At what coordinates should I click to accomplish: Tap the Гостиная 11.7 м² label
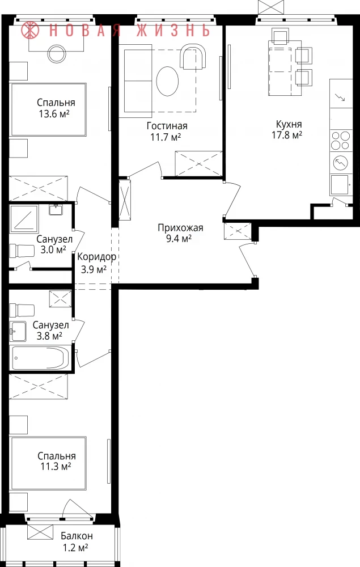point(167,132)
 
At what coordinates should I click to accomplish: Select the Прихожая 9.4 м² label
point(180,233)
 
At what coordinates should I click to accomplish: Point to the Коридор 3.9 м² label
point(96,263)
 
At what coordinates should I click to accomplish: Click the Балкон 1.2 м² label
point(77,541)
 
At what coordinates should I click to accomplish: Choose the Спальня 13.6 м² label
point(56,108)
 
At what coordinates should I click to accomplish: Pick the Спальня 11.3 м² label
point(56,461)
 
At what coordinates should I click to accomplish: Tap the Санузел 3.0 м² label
point(54,244)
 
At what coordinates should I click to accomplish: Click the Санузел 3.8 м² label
point(50,331)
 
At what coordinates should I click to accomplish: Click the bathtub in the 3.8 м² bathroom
point(40,358)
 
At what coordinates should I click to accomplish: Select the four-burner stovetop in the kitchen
point(341,141)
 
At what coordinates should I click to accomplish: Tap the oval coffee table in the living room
point(167,81)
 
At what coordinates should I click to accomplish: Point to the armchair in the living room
point(193,57)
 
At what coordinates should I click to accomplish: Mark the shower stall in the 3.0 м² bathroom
point(24,218)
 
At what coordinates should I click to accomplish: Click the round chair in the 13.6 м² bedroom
point(56,53)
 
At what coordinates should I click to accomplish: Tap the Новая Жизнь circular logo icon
point(30,30)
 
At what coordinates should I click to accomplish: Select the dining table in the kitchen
point(285,68)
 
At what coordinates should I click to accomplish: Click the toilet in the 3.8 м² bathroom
point(22,310)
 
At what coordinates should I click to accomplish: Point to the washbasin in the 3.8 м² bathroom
point(18,331)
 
